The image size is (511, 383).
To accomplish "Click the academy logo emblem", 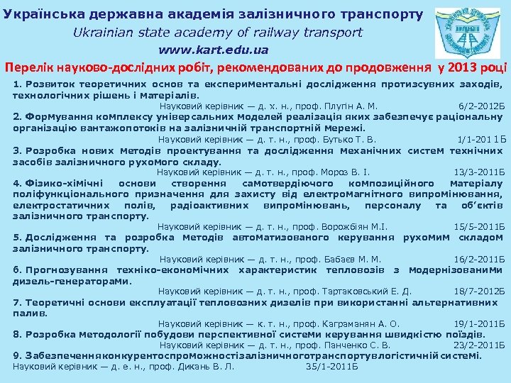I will point(466,33).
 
